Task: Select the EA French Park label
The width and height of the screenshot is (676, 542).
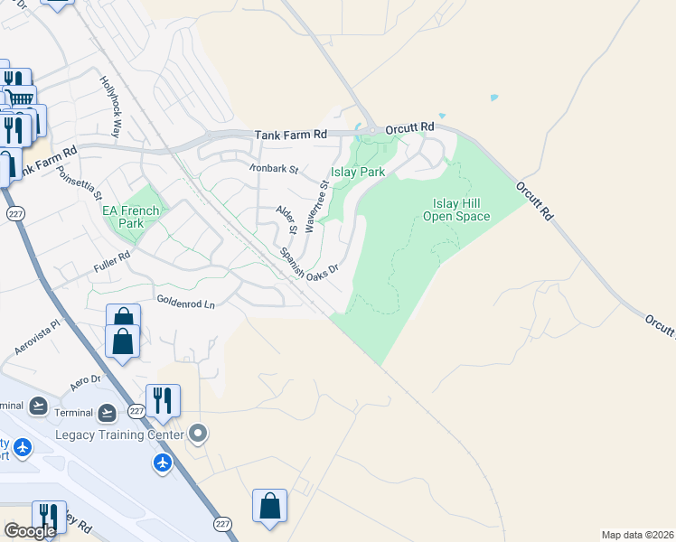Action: tap(131, 217)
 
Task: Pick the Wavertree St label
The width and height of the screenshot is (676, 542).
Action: tap(316, 206)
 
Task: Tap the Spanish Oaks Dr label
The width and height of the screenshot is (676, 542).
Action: tap(308, 262)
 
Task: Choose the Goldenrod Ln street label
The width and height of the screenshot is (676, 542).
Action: tap(185, 303)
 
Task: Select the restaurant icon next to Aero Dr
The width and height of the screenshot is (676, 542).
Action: tap(163, 400)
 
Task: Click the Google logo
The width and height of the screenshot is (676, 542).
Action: tap(30, 531)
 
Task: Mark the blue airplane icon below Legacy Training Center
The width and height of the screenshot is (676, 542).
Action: tap(163, 463)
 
